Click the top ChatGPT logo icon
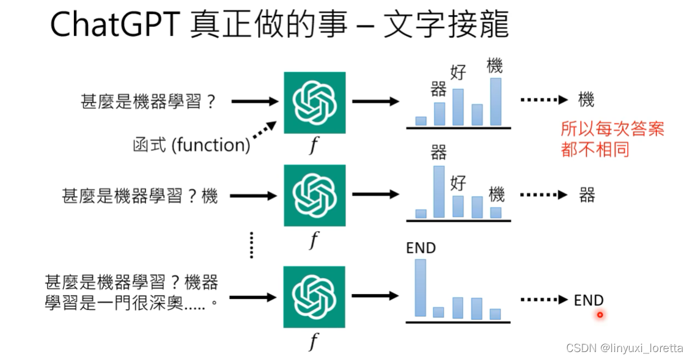[x=314, y=103]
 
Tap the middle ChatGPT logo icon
[x=314, y=196]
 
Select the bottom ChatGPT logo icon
[x=314, y=297]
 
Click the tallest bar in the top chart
[x=495, y=101]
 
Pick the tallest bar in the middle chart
[x=439, y=191]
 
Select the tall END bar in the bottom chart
[x=421, y=288]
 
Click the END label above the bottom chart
[x=421, y=248]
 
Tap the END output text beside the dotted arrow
[x=589, y=301]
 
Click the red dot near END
[x=600, y=315]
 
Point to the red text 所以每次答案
[x=612, y=129]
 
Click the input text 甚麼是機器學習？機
[x=140, y=196]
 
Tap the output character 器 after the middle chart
[x=587, y=196]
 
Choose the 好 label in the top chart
[x=458, y=73]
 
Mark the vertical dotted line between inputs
[x=251, y=244]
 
